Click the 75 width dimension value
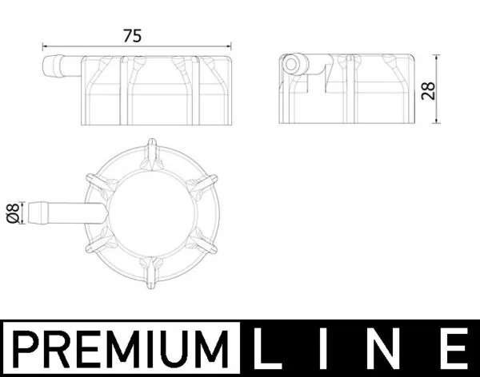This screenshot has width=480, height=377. point(133,35)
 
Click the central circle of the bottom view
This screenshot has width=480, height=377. point(152,212)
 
